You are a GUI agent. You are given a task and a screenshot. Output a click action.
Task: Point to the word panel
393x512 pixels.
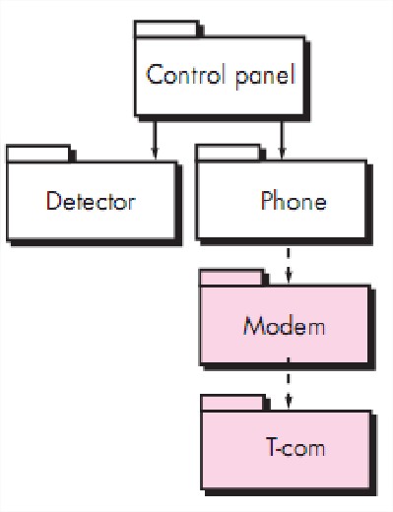click(261, 76)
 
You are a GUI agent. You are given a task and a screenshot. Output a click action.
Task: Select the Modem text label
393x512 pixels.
click(284, 326)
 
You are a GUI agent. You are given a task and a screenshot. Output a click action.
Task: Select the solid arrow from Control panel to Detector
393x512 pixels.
click(154, 137)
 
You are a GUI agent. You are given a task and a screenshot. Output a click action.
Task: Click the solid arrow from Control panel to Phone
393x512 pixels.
click(283, 137)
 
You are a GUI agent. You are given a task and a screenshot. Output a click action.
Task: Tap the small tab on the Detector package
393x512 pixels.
click(38, 153)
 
